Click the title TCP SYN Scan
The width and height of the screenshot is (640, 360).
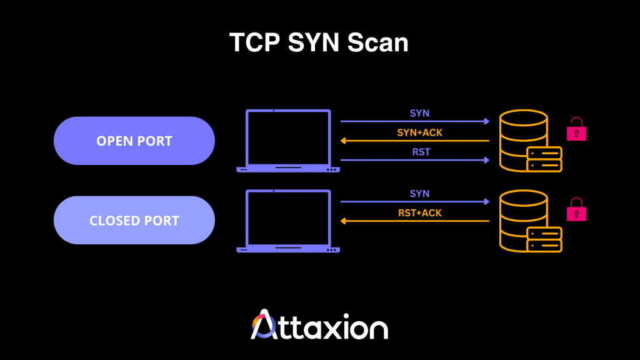(319, 42)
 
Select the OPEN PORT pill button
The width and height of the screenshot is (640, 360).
(134, 141)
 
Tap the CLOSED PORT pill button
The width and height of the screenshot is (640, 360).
(134, 221)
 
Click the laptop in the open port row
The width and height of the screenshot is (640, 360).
(288, 141)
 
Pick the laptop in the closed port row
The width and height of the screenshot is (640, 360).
(288, 221)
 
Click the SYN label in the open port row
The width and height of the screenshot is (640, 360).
(419, 113)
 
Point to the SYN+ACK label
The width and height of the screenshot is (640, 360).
(419, 132)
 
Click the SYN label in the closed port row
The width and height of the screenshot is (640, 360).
(419, 194)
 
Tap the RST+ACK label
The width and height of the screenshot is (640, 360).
(419, 213)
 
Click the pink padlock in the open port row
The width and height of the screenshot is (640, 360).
(576, 130)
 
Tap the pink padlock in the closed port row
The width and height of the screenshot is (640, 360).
(576, 210)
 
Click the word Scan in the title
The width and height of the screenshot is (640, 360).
(377, 42)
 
